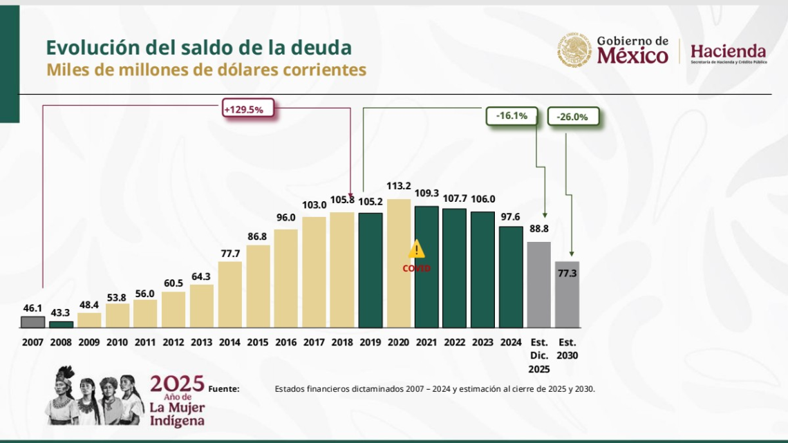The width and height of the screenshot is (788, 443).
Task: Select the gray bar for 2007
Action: (x=32, y=322)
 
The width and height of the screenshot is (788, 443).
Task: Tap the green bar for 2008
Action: (x=61, y=324)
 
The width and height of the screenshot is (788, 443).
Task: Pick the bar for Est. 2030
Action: (x=567, y=294)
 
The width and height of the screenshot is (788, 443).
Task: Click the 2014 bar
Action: (x=229, y=294)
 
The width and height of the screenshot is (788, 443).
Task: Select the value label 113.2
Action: (x=399, y=186)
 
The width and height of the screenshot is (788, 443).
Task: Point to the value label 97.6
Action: (x=511, y=216)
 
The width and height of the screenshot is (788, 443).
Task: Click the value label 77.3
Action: (x=567, y=274)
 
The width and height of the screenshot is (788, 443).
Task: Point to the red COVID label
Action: (x=416, y=268)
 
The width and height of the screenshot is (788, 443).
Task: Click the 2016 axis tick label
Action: (x=286, y=342)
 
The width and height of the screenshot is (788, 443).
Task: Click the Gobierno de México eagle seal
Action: (x=575, y=50)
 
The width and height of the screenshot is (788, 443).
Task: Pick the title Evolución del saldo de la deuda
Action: (x=198, y=47)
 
